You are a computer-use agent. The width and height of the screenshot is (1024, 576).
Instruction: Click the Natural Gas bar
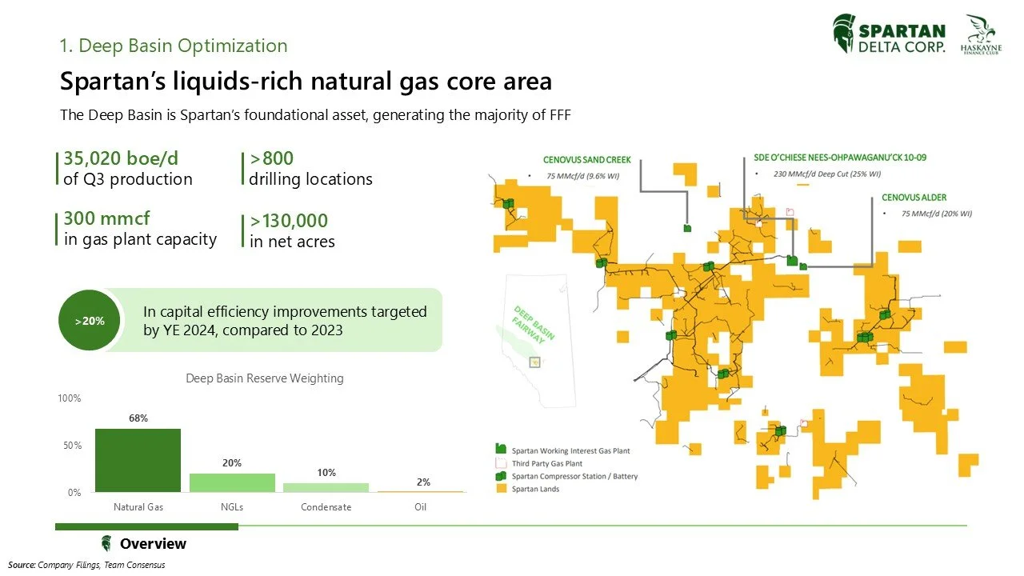click(x=138, y=460)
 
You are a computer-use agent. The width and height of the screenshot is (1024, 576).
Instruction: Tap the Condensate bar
click(x=326, y=487)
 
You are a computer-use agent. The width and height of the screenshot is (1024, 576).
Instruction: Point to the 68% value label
click(x=138, y=418)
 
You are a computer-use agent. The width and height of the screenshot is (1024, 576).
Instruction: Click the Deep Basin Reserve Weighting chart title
click(x=265, y=378)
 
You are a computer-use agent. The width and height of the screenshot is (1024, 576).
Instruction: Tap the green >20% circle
click(x=90, y=321)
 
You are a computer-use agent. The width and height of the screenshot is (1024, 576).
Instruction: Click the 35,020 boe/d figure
click(x=120, y=158)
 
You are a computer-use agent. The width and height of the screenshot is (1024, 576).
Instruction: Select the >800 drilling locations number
click(x=271, y=158)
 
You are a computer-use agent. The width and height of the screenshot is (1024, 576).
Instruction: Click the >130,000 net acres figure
click(x=289, y=221)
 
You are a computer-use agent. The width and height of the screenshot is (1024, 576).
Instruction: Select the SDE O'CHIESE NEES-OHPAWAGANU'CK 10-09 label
click(x=839, y=158)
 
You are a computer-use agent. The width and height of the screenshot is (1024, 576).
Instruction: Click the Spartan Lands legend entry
click(x=535, y=489)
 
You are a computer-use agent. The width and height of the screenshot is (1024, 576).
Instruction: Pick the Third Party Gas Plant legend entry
click(x=547, y=463)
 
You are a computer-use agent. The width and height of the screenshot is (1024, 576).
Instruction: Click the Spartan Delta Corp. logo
click(x=889, y=35)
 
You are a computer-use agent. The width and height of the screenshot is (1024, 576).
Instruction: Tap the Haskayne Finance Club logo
click(x=982, y=34)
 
